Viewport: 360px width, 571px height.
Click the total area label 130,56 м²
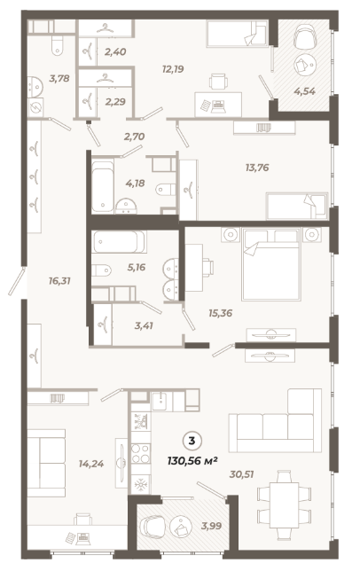(192, 461)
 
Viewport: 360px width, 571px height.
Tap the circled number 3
(192, 442)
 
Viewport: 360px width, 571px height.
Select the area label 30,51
(241, 474)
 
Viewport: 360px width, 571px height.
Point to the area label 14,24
(91, 464)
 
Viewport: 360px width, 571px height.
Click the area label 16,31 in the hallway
(59, 281)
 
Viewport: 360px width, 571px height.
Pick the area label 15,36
(220, 313)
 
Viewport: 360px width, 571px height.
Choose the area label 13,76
(257, 168)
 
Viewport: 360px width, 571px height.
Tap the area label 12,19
(173, 69)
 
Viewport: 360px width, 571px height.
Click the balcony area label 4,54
(305, 91)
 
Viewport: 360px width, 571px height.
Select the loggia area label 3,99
(212, 526)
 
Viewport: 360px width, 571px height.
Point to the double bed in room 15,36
(271, 264)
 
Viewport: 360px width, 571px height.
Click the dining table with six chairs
(285, 505)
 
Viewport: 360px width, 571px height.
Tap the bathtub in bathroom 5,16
(118, 242)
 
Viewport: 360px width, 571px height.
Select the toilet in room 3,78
(57, 45)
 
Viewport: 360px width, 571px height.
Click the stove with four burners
(140, 453)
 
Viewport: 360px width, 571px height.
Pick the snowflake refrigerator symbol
(140, 484)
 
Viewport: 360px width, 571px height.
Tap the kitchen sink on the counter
(160, 401)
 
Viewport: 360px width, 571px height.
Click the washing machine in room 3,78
(35, 106)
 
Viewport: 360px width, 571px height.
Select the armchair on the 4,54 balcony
(305, 36)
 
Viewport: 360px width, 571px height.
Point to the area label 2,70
(134, 137)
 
